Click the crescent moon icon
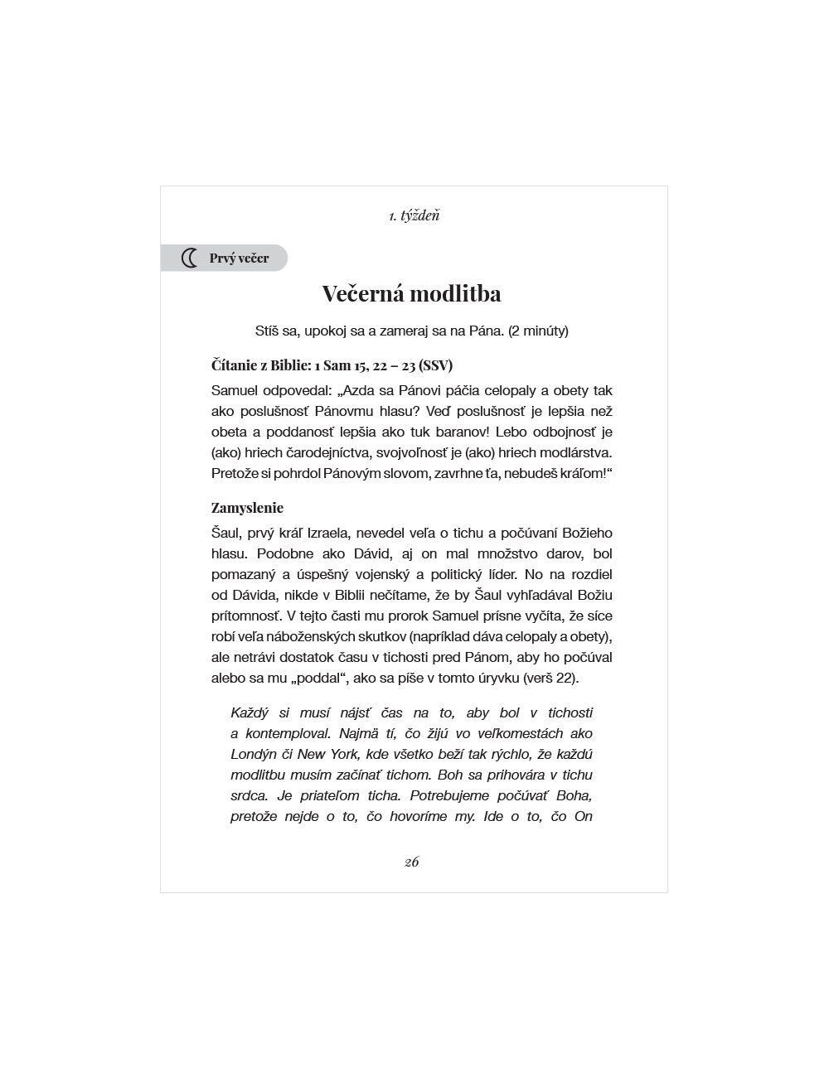click(x=190, y=258)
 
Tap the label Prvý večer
click(x=239, y=258)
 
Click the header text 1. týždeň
click(x=414, y=215)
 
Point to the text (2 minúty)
click(x=538, y=331)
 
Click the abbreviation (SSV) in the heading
click(x=436, y=365)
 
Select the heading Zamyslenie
click(x=247, y=508)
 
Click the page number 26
click(x=411, y=862)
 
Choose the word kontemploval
click(x=286, y=733)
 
